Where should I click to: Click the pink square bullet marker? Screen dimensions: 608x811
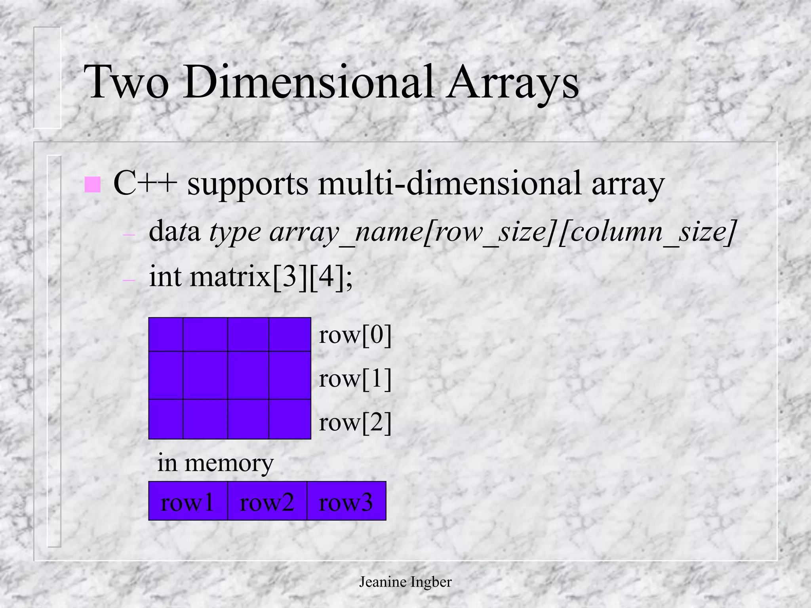tap(92, 184)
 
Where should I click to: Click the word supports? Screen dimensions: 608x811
tap(247, 184)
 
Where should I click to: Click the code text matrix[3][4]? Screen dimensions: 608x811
tap(271, 277)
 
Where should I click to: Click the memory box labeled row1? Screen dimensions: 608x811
tap(188, 501)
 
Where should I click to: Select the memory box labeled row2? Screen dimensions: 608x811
tap(267, 501)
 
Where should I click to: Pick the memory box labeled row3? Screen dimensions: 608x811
tap(346, 501)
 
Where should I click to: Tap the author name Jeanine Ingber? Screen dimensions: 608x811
tap(405, 582)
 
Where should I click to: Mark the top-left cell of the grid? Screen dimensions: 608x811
tap(166, 334)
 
